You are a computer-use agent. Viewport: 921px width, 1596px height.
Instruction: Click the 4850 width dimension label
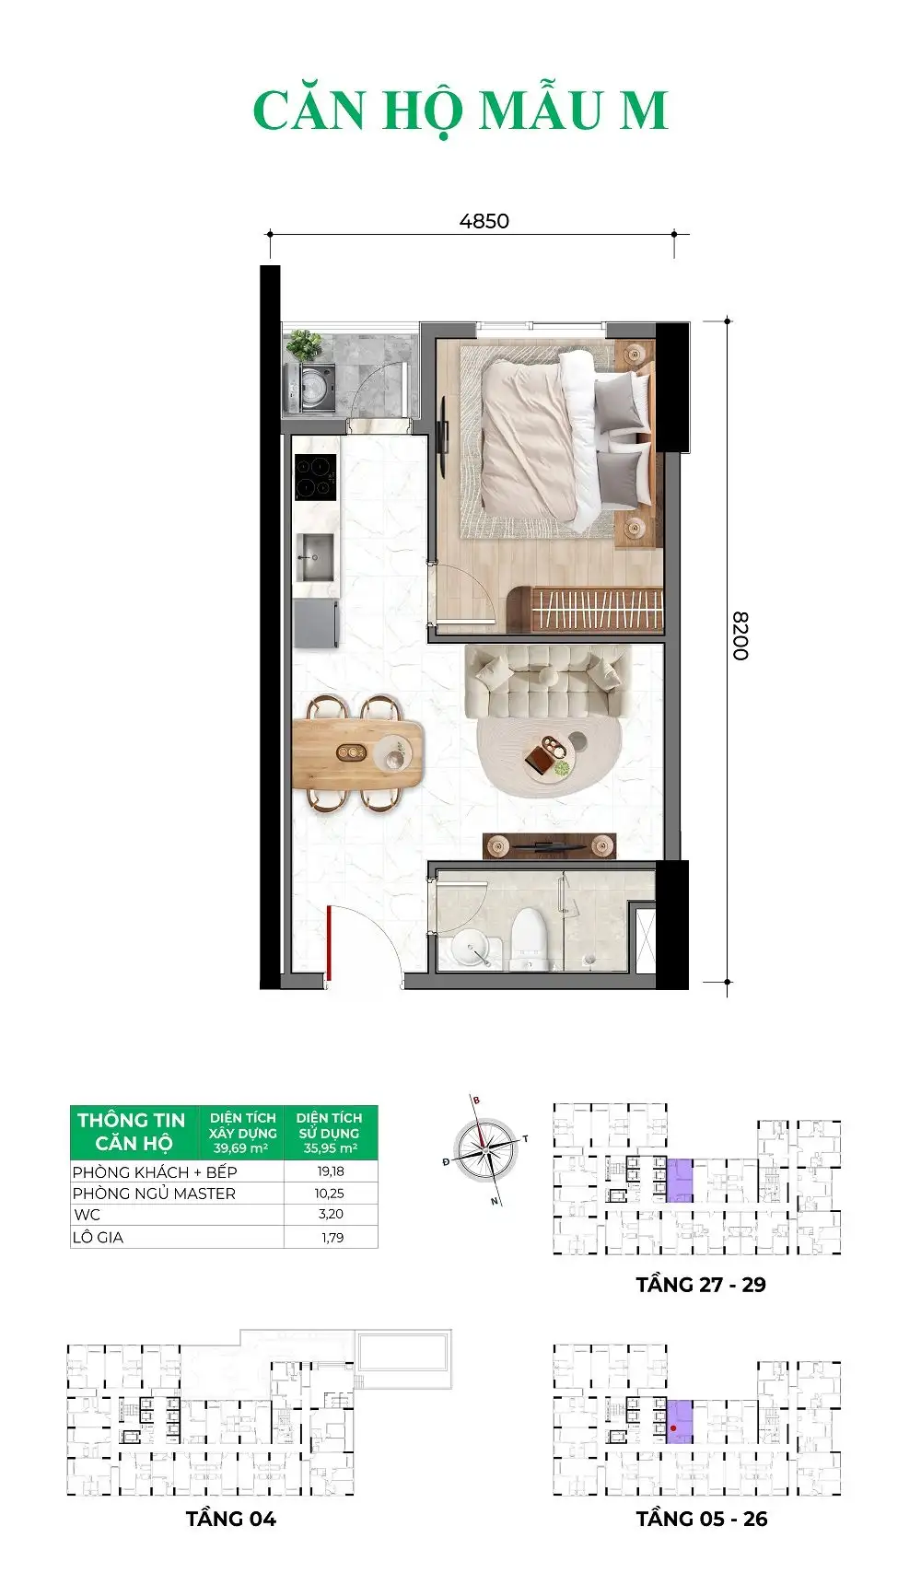click(x=484, y=221)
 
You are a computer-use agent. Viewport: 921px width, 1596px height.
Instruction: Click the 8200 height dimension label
click(x=740, y=635)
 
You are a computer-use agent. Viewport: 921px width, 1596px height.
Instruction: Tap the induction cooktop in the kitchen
click(x=315, y=478)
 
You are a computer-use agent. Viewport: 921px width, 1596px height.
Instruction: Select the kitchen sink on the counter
click(x=315, y=556)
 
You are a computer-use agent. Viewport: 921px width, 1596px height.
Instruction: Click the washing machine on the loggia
click(x=314, y=388)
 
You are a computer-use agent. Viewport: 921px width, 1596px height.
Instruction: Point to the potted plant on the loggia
click(x=304, y=345)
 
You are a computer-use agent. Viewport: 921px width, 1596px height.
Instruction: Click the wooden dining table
click(x=358, y=753)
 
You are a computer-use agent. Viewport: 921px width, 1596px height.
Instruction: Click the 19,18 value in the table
click(x=330, y=1171)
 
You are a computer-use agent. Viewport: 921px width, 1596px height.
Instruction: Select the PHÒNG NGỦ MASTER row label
click(x=154, y=1194)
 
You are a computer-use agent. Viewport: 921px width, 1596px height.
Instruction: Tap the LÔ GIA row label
click(x=98, y=1238)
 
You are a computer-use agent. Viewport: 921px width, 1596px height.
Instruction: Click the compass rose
click(x=485, y=1148)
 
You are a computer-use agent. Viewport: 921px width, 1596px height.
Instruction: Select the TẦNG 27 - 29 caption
click(x=700, y=1285)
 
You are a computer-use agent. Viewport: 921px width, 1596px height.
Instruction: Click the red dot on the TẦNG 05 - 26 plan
click(x=674, y=1428)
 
